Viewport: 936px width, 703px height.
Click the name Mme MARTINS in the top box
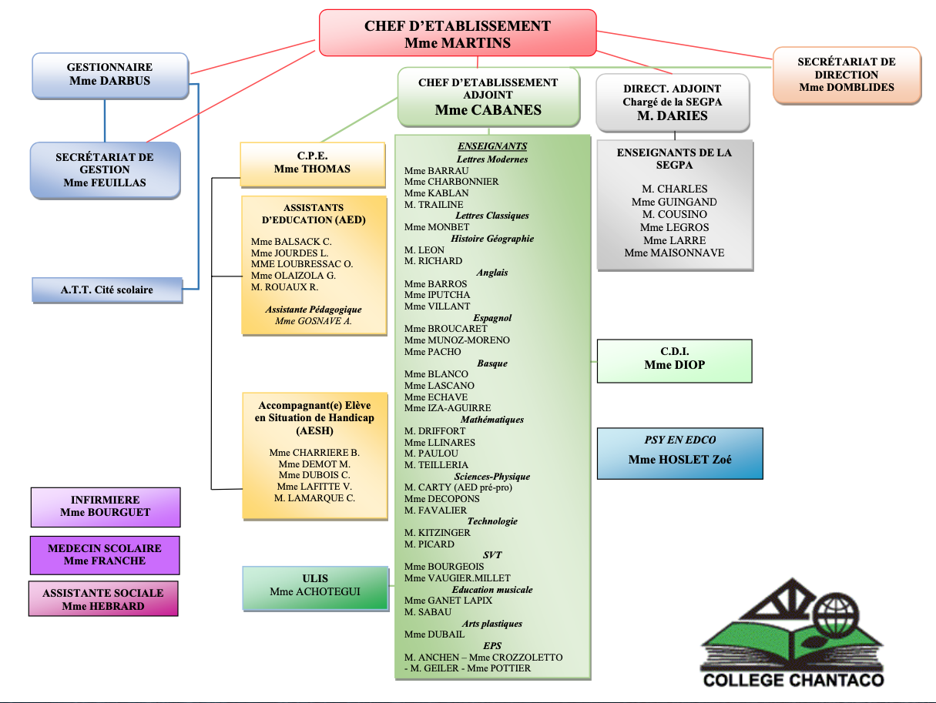point(458,43)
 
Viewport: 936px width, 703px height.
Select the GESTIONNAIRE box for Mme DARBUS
point(109,75)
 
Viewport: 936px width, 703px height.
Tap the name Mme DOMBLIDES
point(847,87)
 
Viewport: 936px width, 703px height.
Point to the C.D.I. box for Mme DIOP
point(674,360)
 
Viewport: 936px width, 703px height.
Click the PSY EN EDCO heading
point(679,440)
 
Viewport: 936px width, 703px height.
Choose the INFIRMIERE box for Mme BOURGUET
point(106,507)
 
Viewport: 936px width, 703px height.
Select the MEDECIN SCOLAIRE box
point(105,555)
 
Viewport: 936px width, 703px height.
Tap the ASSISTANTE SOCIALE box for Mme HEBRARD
point(103,599)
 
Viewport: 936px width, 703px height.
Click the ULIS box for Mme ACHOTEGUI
point(315,588)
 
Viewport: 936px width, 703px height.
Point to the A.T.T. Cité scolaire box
point(107,290)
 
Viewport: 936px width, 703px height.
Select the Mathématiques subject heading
point(492,420)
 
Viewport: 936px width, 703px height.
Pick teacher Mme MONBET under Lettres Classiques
point(437,227)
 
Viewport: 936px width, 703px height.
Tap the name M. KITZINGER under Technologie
point(438,532)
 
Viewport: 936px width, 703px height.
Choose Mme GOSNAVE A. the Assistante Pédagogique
point(314,320)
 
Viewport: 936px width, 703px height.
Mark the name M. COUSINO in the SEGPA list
point(675,214)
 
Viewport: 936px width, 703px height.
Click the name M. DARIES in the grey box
point(672,115)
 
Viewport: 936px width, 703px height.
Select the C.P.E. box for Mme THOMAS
point(312,163)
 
